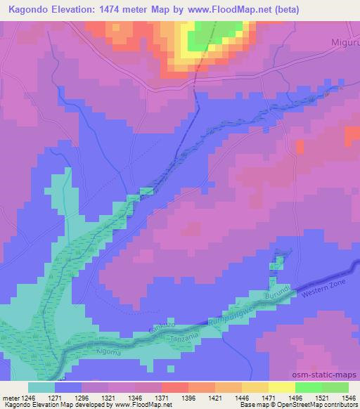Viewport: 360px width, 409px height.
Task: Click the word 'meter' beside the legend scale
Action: [10, 397]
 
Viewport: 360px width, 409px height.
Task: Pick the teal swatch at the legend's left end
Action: [41, 387]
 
